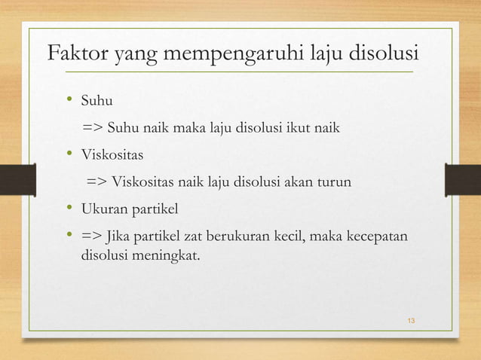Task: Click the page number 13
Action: click(411, 322)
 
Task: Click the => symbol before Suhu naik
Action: click(95, 127)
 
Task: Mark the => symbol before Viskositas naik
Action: click(97, 182)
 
